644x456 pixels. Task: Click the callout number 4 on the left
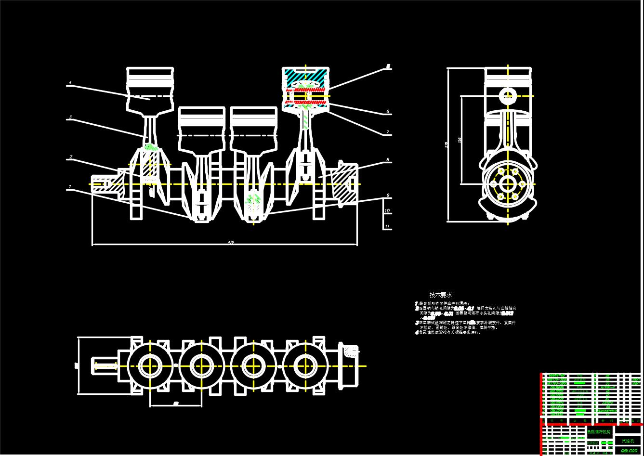pyautogui.click(x=70, y=83)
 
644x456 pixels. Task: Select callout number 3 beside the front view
pyautogui.click(x=70, y=117)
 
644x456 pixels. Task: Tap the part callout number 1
pyautogui.click(x=70, y=186)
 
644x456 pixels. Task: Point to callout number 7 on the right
pyautogui.click(x=387, y=132)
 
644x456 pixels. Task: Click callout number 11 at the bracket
pyautogui.click(x=387, y=226)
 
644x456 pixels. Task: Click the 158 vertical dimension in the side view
pyautogui.click(x=460, y=140)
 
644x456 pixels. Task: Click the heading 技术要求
pyautogui.click(x=441, y=295)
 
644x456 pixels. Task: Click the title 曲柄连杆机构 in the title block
pyautogui.click(x=599, y=432)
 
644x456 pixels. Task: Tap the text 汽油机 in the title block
pyautogui.click(x=628, y=441)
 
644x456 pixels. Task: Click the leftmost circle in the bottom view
pyautogui.click(x=150, y=366)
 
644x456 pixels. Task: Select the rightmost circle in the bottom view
pyautogui.click(x=304, y=366)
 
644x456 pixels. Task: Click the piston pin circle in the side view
pyautogui.click(x=508, y=95)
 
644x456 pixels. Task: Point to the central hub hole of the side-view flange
pyautogui.click(x=508, y=183)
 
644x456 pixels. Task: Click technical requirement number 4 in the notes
pyautogui.click(x=417, y=332)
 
